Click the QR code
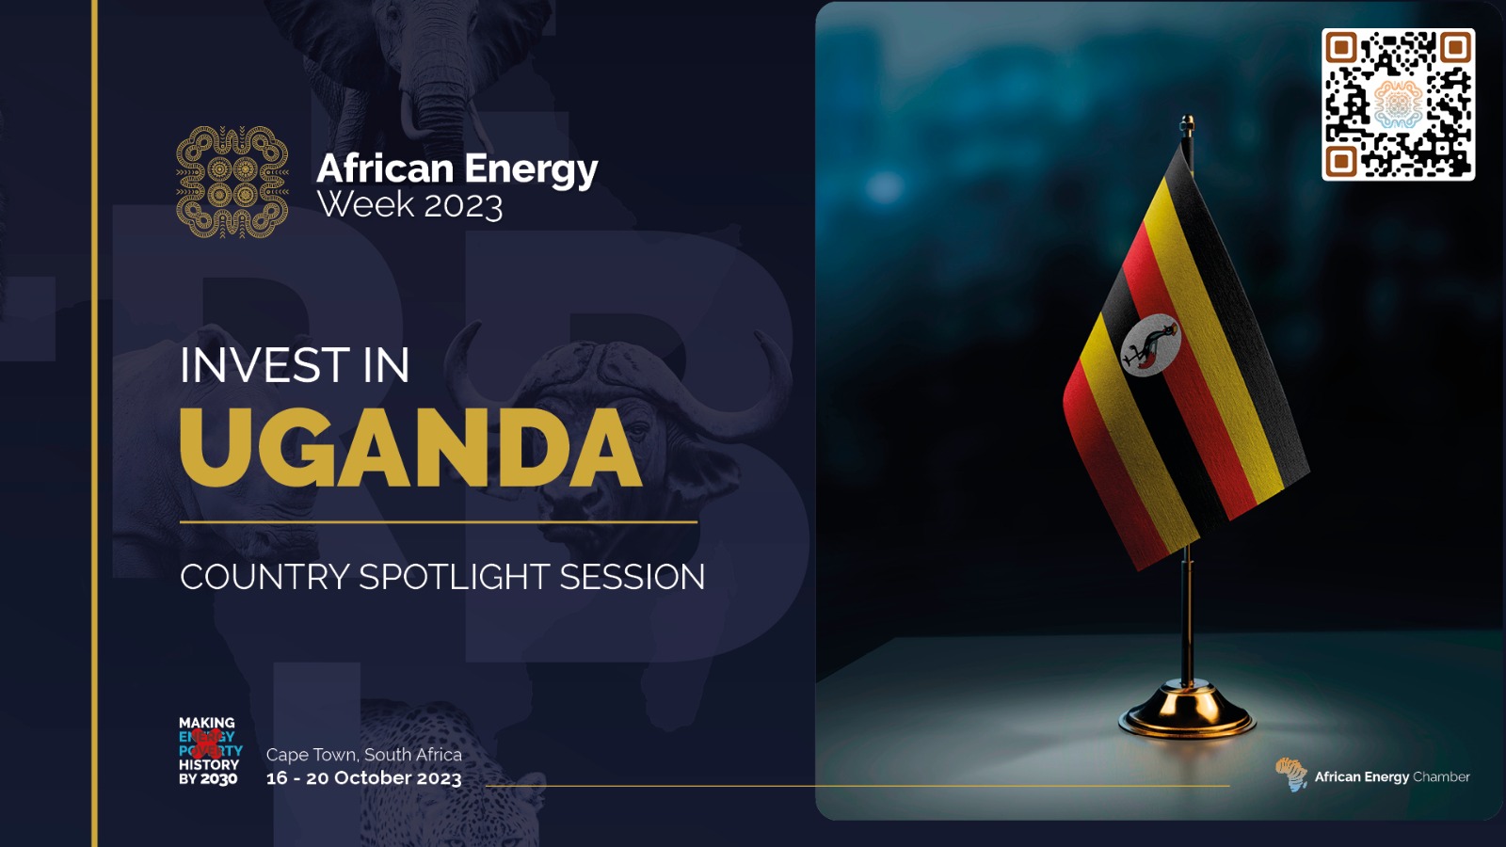[1398, 104]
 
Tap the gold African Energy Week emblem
[232, 182]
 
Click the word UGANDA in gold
[410, 448]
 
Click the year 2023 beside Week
[463, 205]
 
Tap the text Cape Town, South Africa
[363, 754]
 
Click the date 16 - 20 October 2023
[363, 778]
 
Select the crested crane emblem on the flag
[1151, 345]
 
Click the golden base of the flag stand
[1187, 715]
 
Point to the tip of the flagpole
[1188, 122]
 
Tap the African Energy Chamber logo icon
[1291, 775]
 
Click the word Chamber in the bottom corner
[1441, 776]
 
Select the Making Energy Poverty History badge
[209, 751]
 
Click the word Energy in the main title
[531, 169]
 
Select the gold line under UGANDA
[439, 521]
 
